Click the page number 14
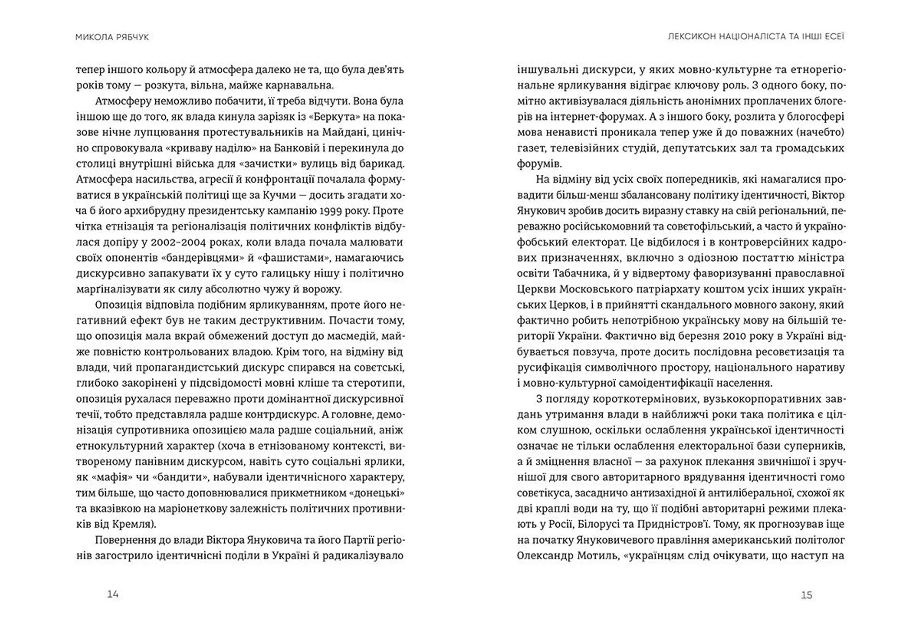tap(113, 594)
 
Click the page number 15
tap(806, 595)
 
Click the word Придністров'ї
tap(670, 524)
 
